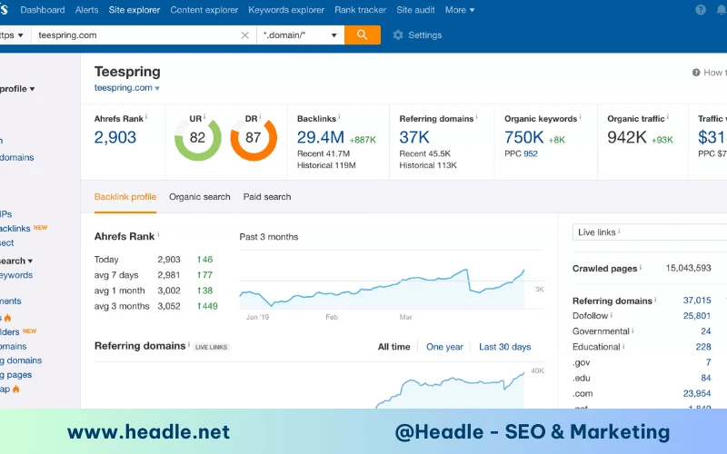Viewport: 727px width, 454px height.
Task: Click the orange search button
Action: [362, 35]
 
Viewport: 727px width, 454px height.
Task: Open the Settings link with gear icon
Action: [418, 35]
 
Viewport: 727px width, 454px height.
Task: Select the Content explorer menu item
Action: [204, 10]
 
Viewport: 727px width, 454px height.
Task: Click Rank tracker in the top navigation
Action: [360, 10]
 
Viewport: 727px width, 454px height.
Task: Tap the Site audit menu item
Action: [416, 10]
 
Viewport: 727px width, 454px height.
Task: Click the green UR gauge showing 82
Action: [197, 138]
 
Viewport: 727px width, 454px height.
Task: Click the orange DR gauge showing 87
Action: [253, 138]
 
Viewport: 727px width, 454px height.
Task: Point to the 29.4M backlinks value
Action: [321, 137]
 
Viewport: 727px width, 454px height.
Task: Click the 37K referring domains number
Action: [414, 137]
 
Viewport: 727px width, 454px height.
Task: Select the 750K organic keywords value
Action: [524, 137]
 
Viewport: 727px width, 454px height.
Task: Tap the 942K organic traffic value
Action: [627, 137]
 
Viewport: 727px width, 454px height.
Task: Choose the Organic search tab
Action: [200, 197]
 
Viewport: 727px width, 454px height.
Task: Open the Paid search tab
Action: [267, 197]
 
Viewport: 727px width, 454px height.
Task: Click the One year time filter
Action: [444, 347]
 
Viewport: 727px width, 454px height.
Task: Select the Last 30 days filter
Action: [504, 347]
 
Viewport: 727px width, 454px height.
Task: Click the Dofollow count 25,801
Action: [696, 316]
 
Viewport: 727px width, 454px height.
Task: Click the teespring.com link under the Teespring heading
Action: [124, 88]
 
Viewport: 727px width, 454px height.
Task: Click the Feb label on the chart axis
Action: [332, 317]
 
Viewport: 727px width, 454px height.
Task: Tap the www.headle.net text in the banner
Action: [148, 432]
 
